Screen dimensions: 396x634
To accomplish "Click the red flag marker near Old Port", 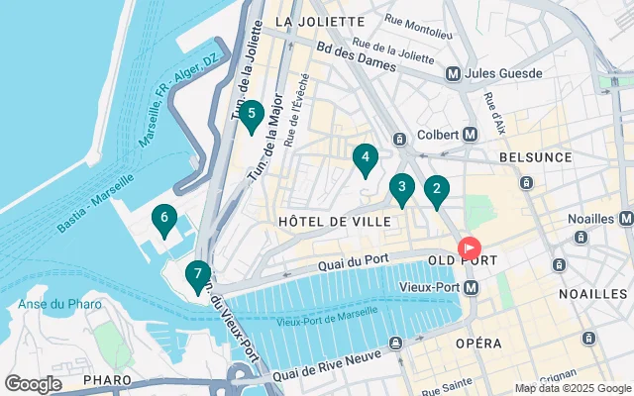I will (468, 247).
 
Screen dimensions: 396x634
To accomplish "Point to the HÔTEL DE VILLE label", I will (335, 222).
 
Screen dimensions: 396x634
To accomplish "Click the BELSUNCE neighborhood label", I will (536, 157).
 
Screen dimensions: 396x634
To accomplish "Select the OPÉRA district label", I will (478, 343).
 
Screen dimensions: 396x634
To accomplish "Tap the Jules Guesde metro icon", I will (453, 73).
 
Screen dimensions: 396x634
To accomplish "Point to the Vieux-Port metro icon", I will (471, 287).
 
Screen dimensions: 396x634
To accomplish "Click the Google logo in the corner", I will (33, 383).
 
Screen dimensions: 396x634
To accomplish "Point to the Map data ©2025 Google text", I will (572, 388).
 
